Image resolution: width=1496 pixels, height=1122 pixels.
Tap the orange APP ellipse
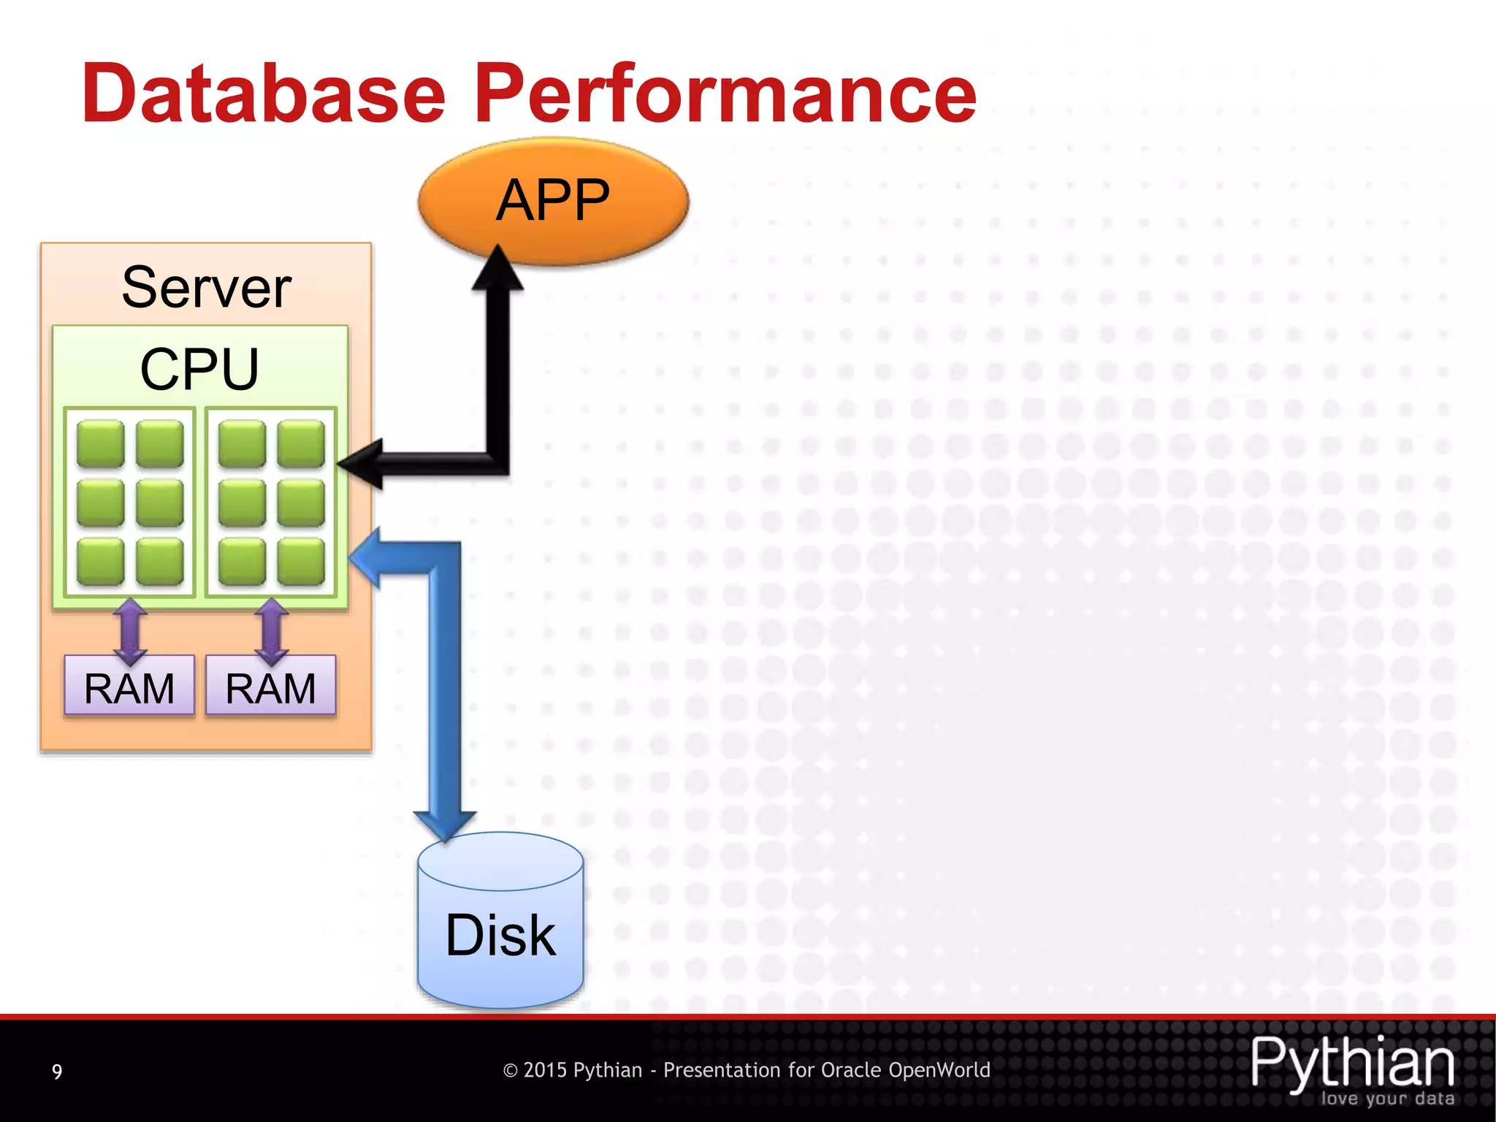coord(553,200)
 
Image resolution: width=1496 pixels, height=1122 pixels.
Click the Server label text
coord(206,288)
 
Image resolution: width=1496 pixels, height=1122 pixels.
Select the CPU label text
coord(199,369)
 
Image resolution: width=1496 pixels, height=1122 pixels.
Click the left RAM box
coord(129,687)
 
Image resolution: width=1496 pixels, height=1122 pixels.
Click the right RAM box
coord(270,687)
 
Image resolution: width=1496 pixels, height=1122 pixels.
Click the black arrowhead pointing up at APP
coord(498,270)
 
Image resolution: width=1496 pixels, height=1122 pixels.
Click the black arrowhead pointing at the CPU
coord(362,464)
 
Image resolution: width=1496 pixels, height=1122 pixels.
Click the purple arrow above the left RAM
coord(130,630)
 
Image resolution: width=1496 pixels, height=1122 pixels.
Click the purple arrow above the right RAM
coord(271,630)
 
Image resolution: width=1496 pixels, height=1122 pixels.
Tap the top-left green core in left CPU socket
coord(100,443)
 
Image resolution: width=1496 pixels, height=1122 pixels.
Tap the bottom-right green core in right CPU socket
coord(301,561)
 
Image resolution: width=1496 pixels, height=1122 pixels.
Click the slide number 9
coord(57,1072)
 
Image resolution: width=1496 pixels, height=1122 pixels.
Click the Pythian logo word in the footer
coord(1352,1063)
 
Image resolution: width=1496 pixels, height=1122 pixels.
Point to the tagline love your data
coord(1387,1099)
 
